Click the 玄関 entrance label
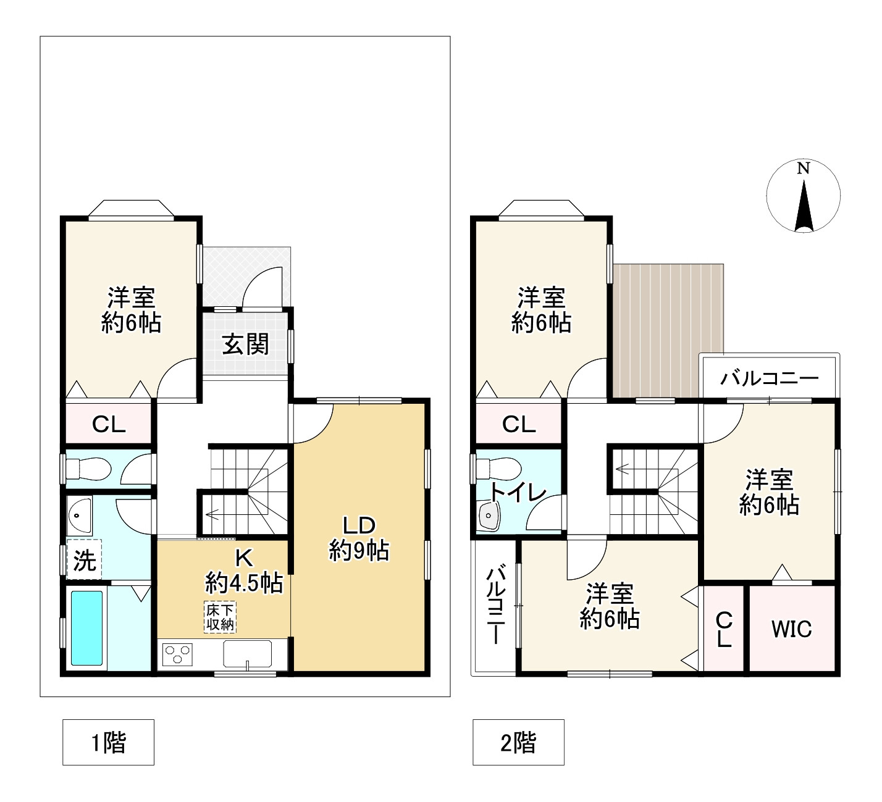(246, 345)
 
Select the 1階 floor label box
(108, 742)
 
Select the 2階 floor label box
(518, 742)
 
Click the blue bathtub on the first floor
(86, 628)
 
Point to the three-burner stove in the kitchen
(178, 654)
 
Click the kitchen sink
(247, 654)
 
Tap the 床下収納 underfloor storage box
(220, 617)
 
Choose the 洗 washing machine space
(85, 560)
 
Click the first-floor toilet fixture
(86, 469)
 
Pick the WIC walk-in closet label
(791, 629)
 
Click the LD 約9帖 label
(359, 539)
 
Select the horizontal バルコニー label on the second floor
(769, 378)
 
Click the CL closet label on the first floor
(109, 424)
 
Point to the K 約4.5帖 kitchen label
(243, 570)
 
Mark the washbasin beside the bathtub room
(79, 515)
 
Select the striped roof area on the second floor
(668, 332)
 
